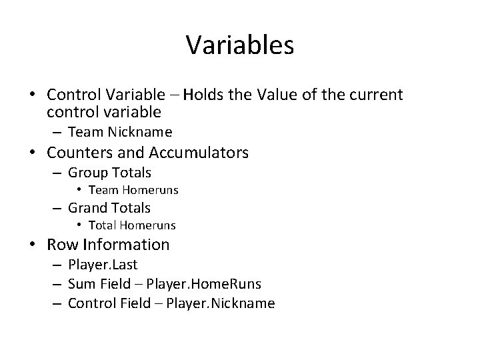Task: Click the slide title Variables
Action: tap(240, 45)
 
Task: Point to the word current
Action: tap(374, 95)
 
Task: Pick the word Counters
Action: tap(78, 153)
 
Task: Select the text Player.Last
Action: tap(103, 265)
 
